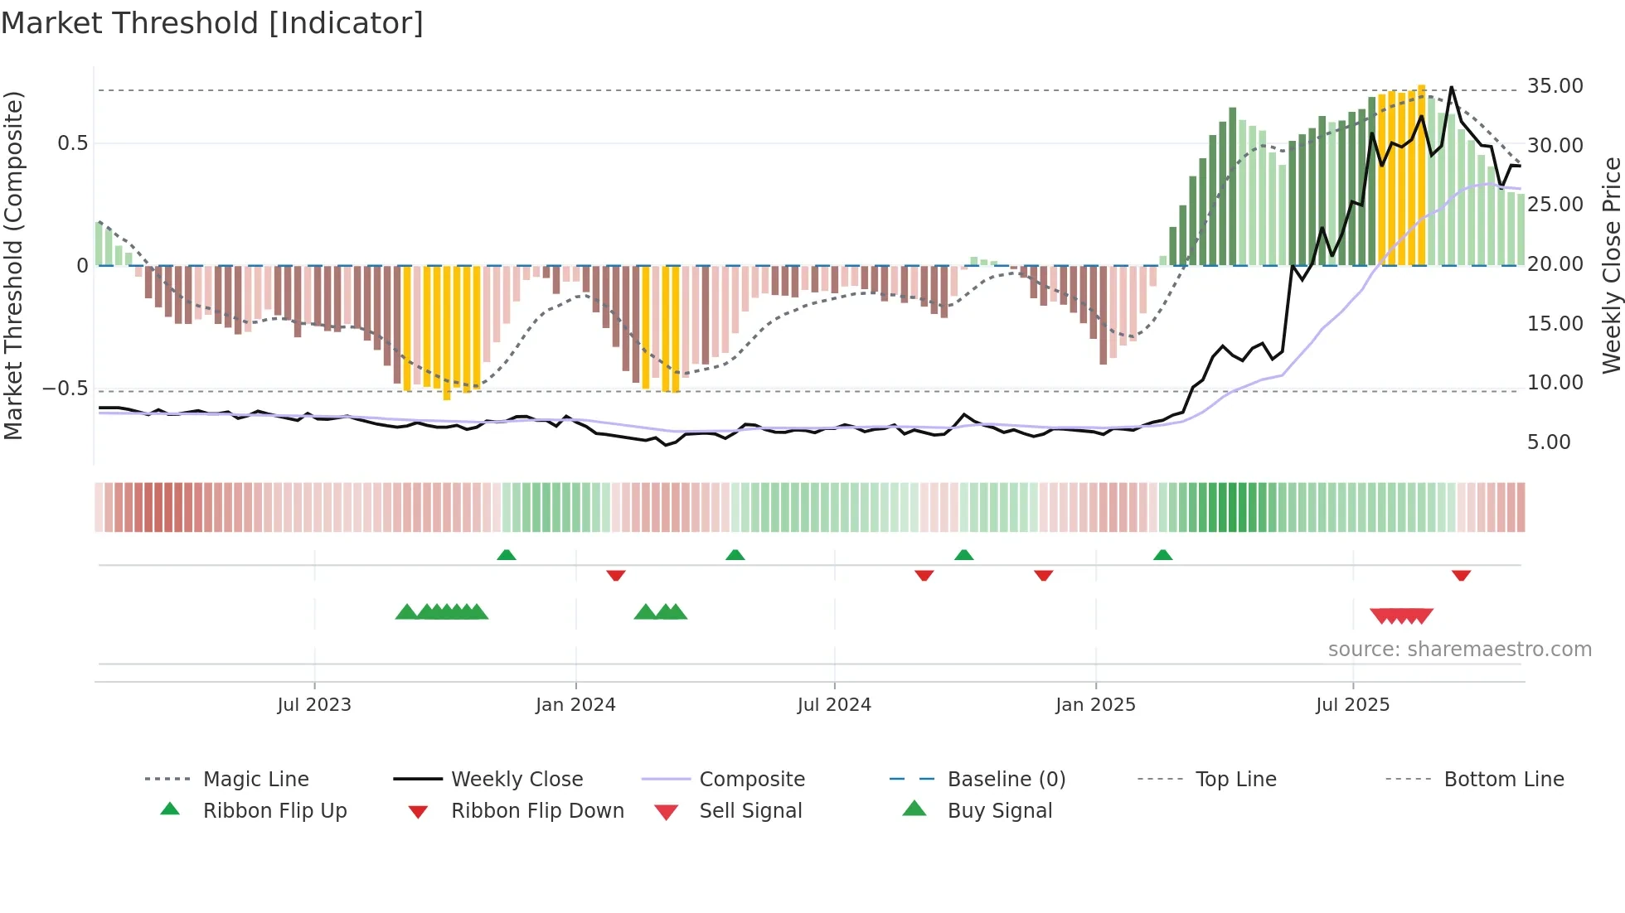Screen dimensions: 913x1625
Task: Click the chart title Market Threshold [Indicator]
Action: tap(212, 23)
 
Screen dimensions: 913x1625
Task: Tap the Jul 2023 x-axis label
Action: tap(314, 705)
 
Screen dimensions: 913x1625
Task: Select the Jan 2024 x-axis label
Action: tap(575, 705)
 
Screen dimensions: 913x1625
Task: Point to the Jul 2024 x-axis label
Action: tap(834, 705)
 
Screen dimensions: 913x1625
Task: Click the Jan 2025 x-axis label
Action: tap(1095, 705)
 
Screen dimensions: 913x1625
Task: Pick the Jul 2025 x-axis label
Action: tap(1352, 705)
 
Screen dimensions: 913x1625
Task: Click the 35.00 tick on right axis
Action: tap(1555, 86)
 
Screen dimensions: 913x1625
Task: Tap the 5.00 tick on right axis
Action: tap(1549, 442)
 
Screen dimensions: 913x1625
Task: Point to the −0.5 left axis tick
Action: tap(65, 389)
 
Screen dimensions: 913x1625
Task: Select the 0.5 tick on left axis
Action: tap(72, 143)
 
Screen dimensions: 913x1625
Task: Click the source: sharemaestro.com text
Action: tap(1459, 650)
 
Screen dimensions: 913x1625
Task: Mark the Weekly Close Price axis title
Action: tap(1611, 265)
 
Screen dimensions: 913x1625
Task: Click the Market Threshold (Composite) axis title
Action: tap(13, 265)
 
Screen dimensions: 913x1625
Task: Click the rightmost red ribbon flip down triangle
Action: tap(1461, 575)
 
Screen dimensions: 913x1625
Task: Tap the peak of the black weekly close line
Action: tap(1452, 87)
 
